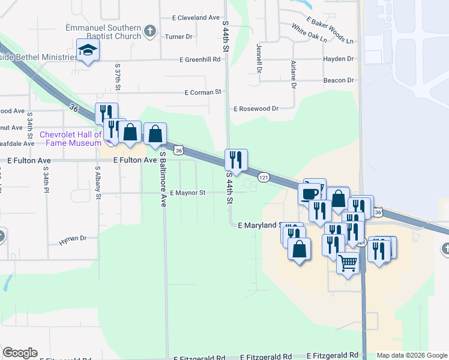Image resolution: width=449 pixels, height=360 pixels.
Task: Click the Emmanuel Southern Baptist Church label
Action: click(104, 32)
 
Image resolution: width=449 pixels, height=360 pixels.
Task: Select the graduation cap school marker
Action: click(88, 50)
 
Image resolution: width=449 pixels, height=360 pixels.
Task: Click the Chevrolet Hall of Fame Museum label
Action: click(71, 139)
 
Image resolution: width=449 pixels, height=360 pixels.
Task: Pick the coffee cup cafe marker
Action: click(310, 194)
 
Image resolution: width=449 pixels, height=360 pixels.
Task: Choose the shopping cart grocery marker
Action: click(348, 262)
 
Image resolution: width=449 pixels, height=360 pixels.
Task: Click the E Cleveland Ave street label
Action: click(196, 18)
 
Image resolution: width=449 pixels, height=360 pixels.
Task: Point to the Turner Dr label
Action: click(179, 37)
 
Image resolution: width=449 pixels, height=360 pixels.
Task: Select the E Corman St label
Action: click(203, 92)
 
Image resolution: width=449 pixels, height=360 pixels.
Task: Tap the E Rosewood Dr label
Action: click(256, 109)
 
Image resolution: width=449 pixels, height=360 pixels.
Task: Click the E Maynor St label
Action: click(188, 193)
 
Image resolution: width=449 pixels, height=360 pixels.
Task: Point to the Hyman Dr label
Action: click(73, 239)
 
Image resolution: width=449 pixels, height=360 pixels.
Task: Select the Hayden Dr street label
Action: click(339, 59)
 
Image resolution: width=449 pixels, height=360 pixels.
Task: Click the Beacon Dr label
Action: click(339, 80)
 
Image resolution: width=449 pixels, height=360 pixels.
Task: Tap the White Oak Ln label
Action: click(309, 33)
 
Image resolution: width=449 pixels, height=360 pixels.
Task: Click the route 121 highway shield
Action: click(264, 177)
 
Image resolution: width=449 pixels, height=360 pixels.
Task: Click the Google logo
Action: click(20, 353)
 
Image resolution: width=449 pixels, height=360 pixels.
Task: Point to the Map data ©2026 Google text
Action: click(412, 355)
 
